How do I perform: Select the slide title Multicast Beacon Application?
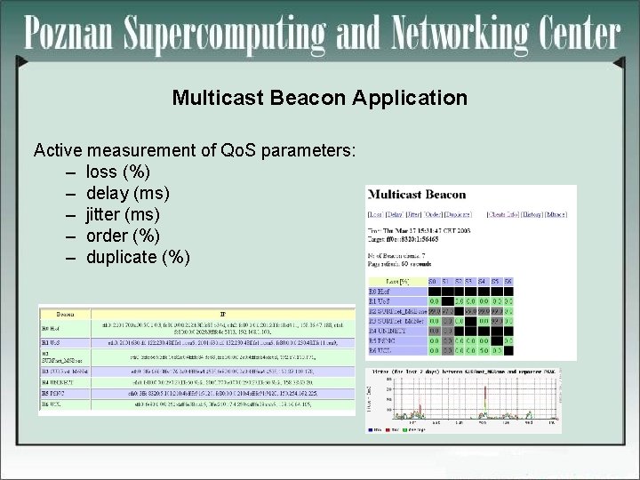(x=319, y=98)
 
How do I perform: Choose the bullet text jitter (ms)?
(x=123, y=214)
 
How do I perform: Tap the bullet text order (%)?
(x=123, y=236)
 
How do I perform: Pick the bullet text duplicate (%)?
(x=138, y=257)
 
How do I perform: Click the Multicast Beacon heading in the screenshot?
(x=416, y=195)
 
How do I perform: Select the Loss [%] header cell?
(x=396, y=280)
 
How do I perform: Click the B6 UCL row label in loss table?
(x=382, y=351)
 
